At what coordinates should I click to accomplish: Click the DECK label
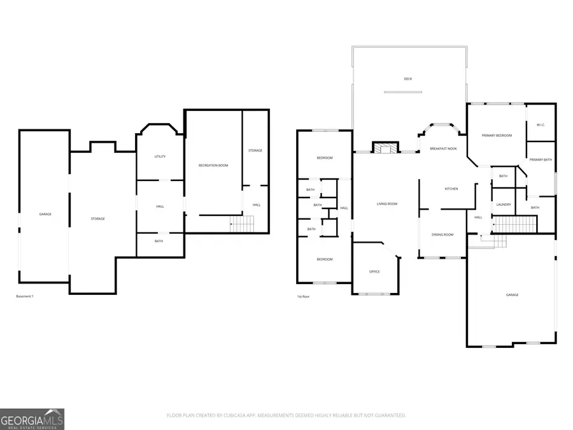pos(408,79)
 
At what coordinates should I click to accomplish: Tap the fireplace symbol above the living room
pos(384,148)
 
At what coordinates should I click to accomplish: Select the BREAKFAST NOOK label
pos(443,148)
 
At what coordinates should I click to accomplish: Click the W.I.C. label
pos(540,125)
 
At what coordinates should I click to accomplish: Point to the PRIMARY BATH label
pos(541,159)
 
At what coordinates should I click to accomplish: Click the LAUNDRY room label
pos(504,204)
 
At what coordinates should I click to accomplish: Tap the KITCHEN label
pos(451,189)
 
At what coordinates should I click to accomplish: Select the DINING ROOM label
pos(442,235)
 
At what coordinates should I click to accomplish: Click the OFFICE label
pos(374,272)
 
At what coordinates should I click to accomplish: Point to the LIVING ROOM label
pos(386,204)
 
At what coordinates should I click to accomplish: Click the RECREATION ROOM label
pos(213,166)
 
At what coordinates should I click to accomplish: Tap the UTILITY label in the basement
pos(160,157)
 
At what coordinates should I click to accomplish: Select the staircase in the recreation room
pos(242,224)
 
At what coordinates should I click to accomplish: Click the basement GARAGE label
pos(45,214)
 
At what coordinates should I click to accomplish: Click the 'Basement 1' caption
pos(25,297)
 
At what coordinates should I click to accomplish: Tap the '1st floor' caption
pos(303,297)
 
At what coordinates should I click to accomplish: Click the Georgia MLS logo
pos(32,419)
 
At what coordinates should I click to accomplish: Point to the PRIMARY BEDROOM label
pos(497,136)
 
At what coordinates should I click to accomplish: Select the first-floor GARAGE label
pos(512,295)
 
